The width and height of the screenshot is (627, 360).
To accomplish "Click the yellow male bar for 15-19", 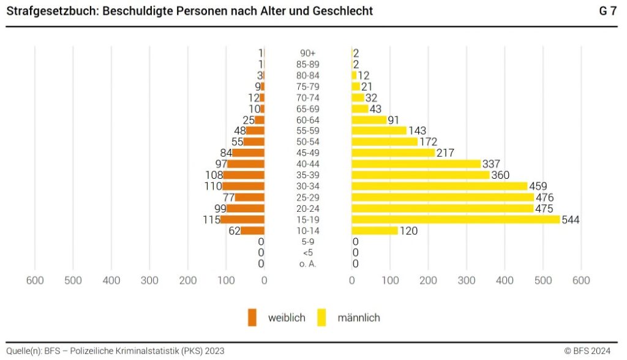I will (x=456, y=219).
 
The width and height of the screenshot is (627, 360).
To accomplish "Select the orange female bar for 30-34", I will (x=243, y=186).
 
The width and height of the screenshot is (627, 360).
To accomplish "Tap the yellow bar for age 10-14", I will (x=375, y=231).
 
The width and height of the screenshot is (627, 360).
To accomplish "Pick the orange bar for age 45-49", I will (x=248, y=153).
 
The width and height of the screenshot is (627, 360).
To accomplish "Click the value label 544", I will (x=571, y=219).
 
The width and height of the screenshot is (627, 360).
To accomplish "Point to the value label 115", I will (x=211, y=219).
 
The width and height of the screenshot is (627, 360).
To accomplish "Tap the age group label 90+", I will (x=308, y=53).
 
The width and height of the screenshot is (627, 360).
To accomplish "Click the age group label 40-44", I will (x=308, y=164).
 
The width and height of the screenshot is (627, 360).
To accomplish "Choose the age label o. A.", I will (x=308, y=264).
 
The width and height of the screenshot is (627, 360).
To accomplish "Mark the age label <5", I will (x=308, y=253).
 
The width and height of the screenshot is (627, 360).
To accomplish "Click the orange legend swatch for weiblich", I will (x=252, y=318).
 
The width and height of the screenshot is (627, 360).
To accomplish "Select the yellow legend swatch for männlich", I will (x=321, y=318).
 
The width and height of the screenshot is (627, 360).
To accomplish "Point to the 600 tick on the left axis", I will (x=35, y=280).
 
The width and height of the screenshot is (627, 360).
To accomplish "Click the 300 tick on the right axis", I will (x=467, y=280).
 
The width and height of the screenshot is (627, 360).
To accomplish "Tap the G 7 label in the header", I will (x=608, y=11).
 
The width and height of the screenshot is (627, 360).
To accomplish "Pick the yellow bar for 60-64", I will (x=369, y=120).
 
